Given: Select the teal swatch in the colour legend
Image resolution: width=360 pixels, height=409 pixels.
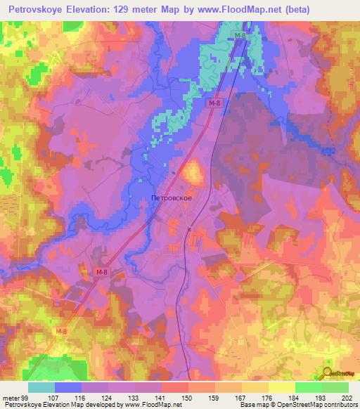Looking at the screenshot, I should click(41, 387).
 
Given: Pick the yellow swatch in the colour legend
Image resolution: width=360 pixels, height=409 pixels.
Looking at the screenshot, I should click(282, 387).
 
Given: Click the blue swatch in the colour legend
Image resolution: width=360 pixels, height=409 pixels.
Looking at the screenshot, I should click(68, 387).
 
